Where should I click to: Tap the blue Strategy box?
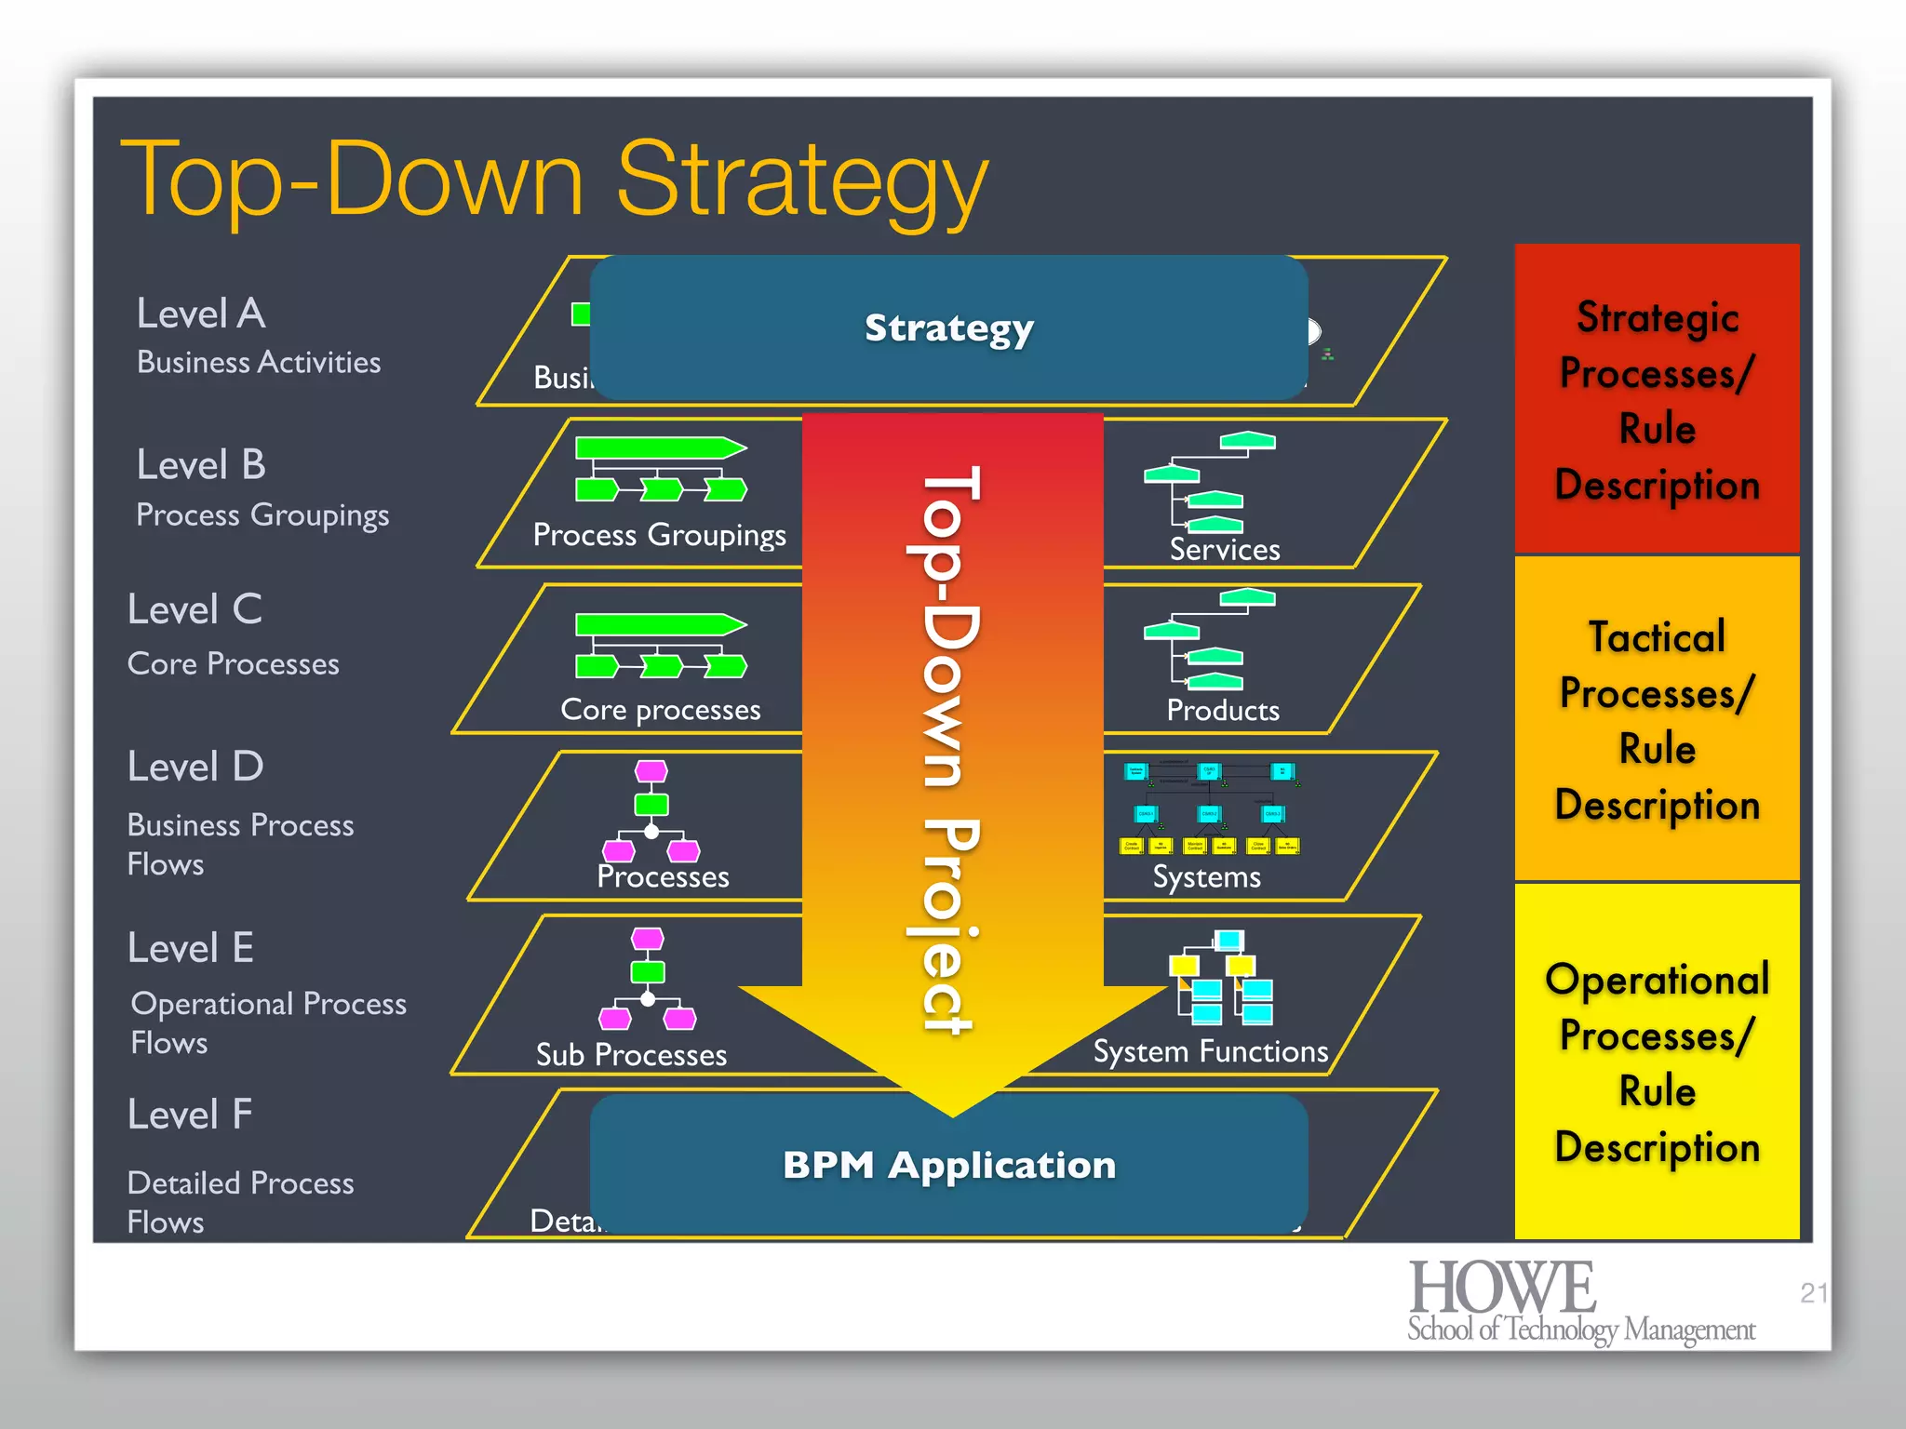pos(948,327)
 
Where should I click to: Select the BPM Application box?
pos(948,1165)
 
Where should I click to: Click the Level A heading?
pos(201,314)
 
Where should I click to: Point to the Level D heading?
pos(195,767)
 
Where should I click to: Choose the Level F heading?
pos(190,1114)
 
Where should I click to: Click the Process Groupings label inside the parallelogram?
pos(659,535)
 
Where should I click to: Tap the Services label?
pos(1224,550)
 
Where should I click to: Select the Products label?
pos(1222,711)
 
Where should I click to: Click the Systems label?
pos(1206,877)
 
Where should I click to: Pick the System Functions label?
pos(1210,1051)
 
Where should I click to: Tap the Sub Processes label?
pos(631,1054)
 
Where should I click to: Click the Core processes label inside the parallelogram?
pos(660,710)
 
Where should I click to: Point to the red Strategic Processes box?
pos(1657,400)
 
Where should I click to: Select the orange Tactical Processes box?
pos(1657,719)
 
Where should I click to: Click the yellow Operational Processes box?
pos(1657,1062)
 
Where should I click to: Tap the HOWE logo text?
pos(1502,1289)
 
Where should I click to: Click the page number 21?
pos(1813,1292)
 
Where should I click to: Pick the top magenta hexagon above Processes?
pos(651,770)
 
